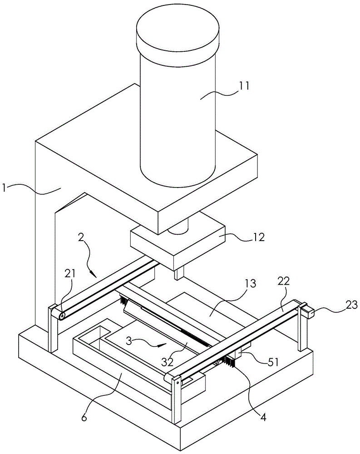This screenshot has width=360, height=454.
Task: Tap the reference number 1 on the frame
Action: (x=4, y=188)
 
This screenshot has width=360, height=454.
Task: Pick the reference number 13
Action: (x=251, y=284)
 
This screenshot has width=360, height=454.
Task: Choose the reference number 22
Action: (x=284, y=281)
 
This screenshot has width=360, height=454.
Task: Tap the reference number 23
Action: (x=351, y=305)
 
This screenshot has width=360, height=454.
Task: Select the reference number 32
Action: (x=168, y=362)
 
